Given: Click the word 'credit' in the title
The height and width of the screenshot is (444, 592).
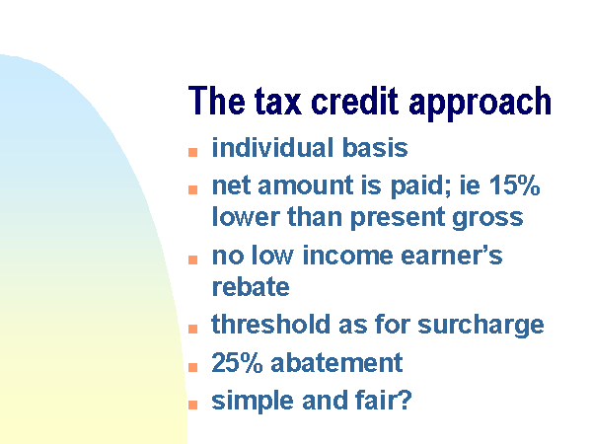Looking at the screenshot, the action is click(354, 101).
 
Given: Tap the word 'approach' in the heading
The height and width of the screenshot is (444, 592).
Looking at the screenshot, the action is click(480, 104).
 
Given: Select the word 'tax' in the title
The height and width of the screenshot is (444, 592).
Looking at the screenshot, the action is click(278, 101).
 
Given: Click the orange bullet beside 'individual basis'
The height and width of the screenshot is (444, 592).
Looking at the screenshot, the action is click(193, 152).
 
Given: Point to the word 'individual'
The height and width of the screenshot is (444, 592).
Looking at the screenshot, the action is click(272, 147).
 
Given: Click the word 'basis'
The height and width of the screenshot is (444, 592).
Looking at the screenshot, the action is click(375, 147).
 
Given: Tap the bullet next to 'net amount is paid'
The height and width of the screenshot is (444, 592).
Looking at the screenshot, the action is click(193, 189).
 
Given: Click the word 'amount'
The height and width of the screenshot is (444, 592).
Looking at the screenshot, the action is click(306, 186).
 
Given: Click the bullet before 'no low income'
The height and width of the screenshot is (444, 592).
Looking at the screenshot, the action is click(193, 259).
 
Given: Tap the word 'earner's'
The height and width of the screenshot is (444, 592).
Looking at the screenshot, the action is click(451, 256).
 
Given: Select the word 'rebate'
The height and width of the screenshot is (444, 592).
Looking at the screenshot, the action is click(251, 286).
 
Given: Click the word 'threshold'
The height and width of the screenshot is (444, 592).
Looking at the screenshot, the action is click(270, 324).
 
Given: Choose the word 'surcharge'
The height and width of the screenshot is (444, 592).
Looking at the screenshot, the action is click(481, 325).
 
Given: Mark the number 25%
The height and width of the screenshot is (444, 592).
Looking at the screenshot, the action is click(237, 362).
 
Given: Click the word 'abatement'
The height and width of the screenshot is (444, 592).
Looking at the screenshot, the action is click(336, 362).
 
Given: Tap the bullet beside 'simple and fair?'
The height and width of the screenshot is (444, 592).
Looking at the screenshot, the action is click(193, 405).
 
